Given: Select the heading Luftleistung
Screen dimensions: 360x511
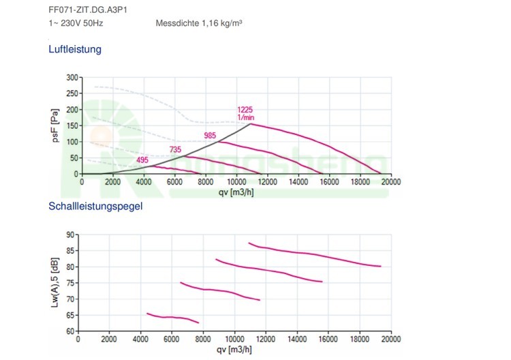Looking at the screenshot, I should [x=74, y=50].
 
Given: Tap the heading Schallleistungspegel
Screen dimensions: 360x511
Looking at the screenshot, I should [x=95, y=206].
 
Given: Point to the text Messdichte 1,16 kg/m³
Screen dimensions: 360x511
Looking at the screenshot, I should [x=199, y=24].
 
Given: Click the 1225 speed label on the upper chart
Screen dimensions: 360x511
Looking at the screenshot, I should [x=245, y=109].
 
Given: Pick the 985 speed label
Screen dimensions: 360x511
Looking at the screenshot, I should [x=210, y=135].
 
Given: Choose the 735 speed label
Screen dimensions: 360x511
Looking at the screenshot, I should [x=176, y=149].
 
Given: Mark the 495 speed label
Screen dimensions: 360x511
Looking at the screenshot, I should [x=142, y=160].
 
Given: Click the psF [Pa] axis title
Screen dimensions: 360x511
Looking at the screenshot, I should [x=57, y=125].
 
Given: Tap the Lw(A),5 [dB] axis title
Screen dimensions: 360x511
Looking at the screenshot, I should [x=57, y=282].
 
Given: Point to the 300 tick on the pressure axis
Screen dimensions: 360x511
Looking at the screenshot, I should [x=72, y=78].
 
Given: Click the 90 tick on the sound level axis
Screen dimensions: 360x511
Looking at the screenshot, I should [x=71, y=235].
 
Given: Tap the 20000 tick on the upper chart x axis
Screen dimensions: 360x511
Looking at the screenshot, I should [x=390, y=182].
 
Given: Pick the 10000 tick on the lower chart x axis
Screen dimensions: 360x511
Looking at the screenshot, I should [x=236, y=339].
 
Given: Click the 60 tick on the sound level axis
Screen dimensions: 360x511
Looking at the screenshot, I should [x=71, y=331].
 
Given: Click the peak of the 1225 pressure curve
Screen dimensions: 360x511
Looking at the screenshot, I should [x=251, y=123].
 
